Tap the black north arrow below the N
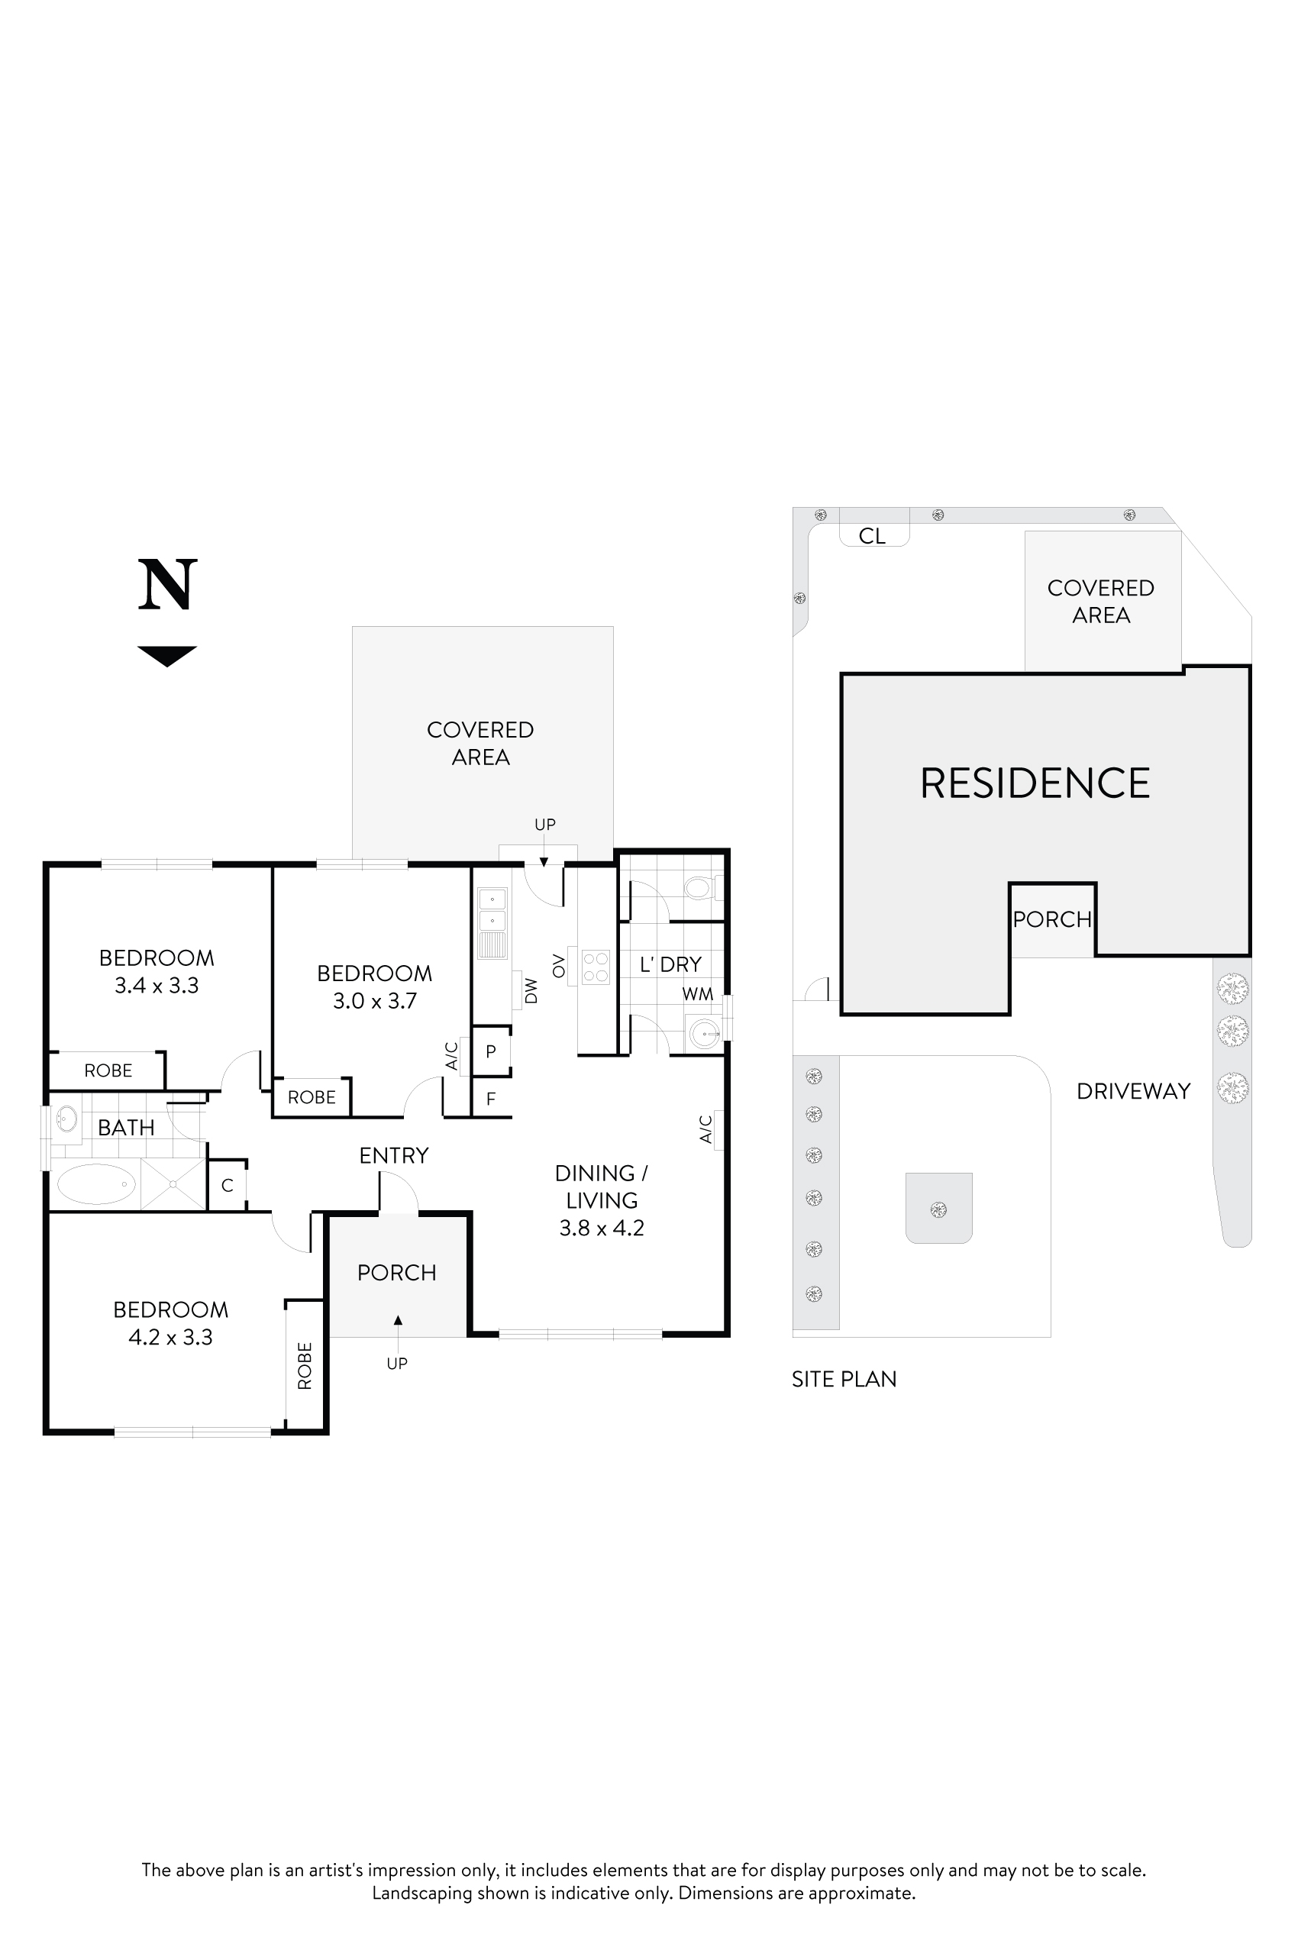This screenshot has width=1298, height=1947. tap(167, 655)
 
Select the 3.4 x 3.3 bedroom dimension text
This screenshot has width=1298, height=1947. tap(157, 985)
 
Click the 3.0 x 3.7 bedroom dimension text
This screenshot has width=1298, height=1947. tap(374, 1001)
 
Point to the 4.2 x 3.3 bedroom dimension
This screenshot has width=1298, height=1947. tap(170, 1337)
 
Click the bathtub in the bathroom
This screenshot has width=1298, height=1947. tap(95, 1183)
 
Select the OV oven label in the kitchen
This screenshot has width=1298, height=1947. tap(559, 965)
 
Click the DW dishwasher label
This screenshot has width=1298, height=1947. tap(531, 991)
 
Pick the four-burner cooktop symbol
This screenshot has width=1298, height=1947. tap(596, 966)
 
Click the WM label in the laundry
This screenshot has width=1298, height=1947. tap(697, 994)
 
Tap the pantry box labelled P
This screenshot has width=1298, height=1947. tap(491, 1051)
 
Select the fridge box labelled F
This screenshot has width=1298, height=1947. tap(491, 1099)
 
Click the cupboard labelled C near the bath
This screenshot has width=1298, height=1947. tap(227, 1186)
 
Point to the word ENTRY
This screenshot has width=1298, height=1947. tap(393, 1156)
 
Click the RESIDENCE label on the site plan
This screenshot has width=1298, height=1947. tap(1035, 783)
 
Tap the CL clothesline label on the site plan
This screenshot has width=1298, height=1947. tap(872, 537)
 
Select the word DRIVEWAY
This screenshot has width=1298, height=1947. tap(1132, 1091)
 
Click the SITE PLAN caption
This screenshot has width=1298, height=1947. tap(844, 1379)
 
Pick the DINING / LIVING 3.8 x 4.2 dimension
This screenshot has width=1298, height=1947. tap(601, 1228)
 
